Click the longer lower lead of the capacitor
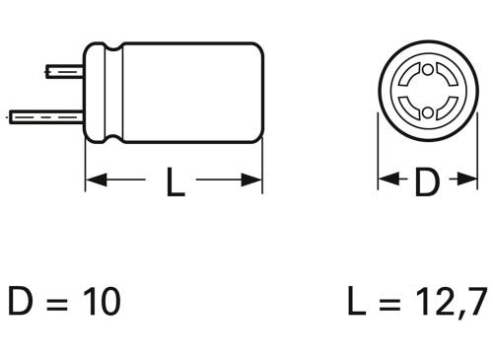(x=44, y=114)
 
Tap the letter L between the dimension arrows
(x=174, y=182)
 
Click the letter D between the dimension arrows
(x=425, y=182)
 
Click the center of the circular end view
(x=425, y=93)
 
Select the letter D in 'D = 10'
(x=22, y=301)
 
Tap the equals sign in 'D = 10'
(x=58, y=302)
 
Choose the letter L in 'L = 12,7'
(x=356, y=301)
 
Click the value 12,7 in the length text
(x=449, y=302)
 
